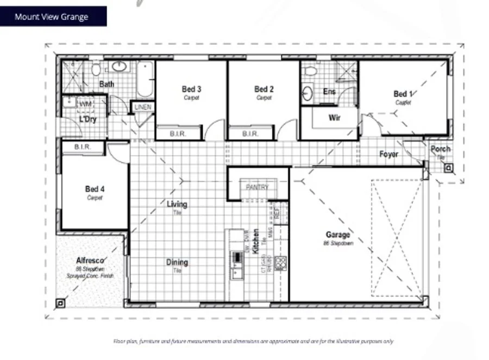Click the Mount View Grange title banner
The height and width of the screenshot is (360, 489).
53,16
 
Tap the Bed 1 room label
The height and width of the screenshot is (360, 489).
403,94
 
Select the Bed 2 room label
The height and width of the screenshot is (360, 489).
264,89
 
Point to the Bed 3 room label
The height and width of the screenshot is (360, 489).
191,89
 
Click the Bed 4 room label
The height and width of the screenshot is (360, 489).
95,189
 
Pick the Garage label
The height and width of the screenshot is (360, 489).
338,235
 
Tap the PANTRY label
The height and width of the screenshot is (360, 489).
257,187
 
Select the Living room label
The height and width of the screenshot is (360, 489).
177,205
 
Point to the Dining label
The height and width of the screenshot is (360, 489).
177,262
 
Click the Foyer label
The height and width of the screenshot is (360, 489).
388,154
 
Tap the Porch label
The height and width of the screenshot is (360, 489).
440,149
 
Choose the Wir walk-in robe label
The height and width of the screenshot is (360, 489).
334,117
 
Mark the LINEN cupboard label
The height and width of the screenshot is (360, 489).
142,107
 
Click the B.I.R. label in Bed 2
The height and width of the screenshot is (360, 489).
250,134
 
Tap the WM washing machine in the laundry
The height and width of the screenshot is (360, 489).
85,103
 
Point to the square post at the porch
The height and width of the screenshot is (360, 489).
448,168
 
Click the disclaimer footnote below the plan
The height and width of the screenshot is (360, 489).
253,342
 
